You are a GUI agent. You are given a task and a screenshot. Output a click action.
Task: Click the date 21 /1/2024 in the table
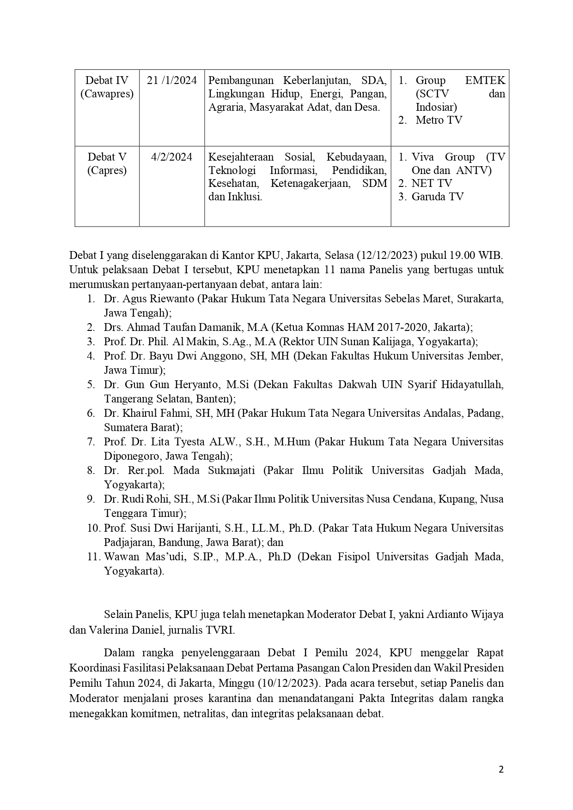point(172,80)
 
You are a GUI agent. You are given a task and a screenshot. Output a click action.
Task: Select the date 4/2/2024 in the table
point(171,157)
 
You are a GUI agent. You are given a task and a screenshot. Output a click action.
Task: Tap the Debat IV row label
point(107,80)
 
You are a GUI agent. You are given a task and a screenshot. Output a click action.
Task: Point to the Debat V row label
point(107,157)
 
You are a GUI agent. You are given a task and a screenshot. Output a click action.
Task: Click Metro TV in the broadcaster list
point(439,120)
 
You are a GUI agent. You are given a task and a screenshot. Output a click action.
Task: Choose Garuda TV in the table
point(437,197)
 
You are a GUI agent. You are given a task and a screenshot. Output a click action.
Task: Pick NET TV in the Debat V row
point(432,183)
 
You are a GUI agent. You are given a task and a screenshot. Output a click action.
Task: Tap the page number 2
point(501,769)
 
